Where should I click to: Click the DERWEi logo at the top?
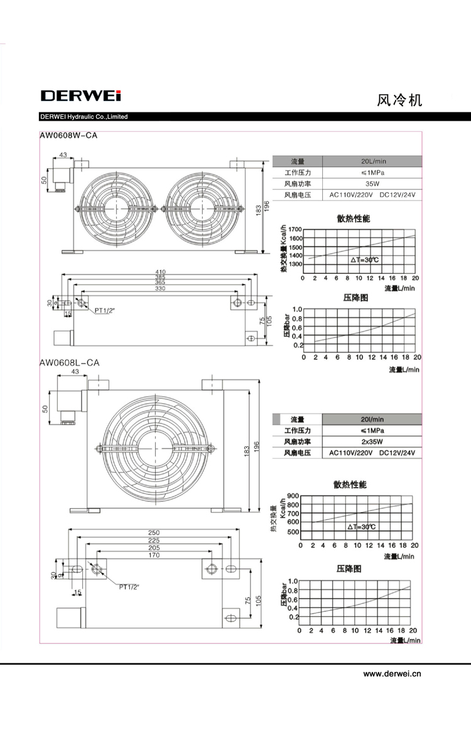click(x=81, y=96)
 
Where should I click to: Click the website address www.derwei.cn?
click(x=392, y=673)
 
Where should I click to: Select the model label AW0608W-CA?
click(x=68, y=136)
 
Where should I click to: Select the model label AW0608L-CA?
click(x=69, y=362)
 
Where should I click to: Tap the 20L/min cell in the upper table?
click(x=373, y=161)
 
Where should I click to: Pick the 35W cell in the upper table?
click(x=372, y=184)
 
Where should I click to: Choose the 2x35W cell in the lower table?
click(x=372, y=442)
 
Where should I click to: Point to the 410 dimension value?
click(x=160, y=272)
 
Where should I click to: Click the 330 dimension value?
click(x=160, y=288)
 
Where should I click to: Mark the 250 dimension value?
click(x=154, y=533)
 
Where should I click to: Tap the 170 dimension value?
click(x=154, y=555)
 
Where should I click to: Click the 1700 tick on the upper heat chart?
click(x=295, y=229)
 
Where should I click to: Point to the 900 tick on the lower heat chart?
click(x=293, y=496)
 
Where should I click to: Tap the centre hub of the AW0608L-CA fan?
click(x=154, y=449)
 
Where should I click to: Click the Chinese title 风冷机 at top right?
click(x=399, y=100)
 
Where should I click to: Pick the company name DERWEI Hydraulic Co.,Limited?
click(x=84, y=117)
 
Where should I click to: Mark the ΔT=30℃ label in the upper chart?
click(x=364, y=260)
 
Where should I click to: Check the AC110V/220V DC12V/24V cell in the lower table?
click(x=372, y=453)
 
